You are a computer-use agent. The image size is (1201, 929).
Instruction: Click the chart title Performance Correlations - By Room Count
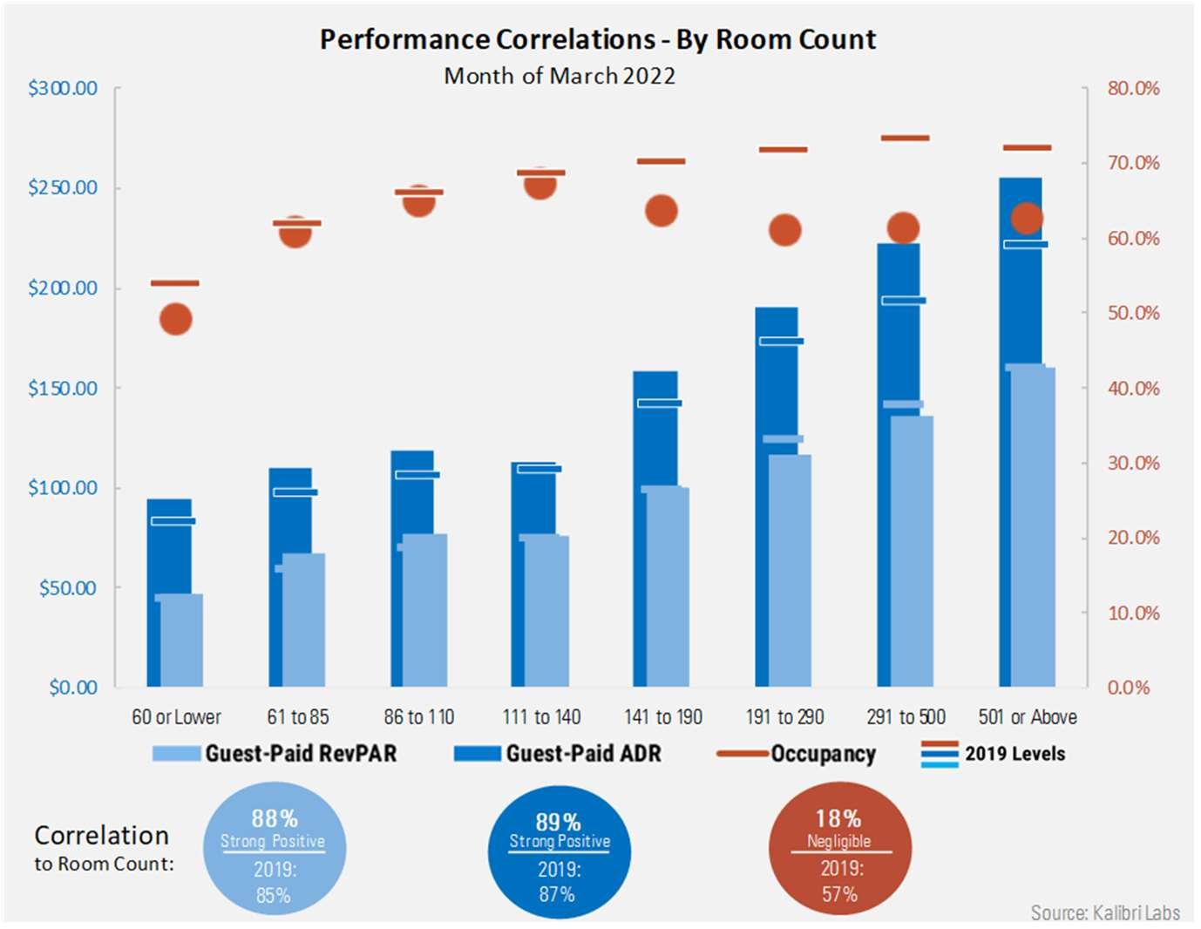click(598, 39)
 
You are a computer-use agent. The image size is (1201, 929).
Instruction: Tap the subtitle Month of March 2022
click(560, 76)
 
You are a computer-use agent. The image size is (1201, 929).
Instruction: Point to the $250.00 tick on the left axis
click(63, 187)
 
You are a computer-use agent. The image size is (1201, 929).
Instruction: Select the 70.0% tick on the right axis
click(1133, 163)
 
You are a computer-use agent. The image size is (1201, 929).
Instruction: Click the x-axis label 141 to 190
click(663, 717)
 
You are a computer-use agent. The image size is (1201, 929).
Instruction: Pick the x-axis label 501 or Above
click(1028, 717)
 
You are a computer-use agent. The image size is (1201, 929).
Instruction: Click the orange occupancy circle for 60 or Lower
click(176, 319)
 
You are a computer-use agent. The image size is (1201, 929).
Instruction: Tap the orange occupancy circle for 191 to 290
click(784, 230)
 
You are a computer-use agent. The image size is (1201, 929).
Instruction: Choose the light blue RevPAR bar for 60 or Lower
click(181, 641)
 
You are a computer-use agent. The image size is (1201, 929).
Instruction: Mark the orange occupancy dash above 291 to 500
click(905, 138)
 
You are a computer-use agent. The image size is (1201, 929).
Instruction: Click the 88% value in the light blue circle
click(275, 818)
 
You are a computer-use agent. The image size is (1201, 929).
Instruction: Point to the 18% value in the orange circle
click(838, 818)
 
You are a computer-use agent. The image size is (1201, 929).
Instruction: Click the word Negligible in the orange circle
click(838, 841)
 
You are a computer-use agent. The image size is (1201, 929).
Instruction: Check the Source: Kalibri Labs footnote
click(1105, 912)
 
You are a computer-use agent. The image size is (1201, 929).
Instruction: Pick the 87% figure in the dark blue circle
click(557, 894)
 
